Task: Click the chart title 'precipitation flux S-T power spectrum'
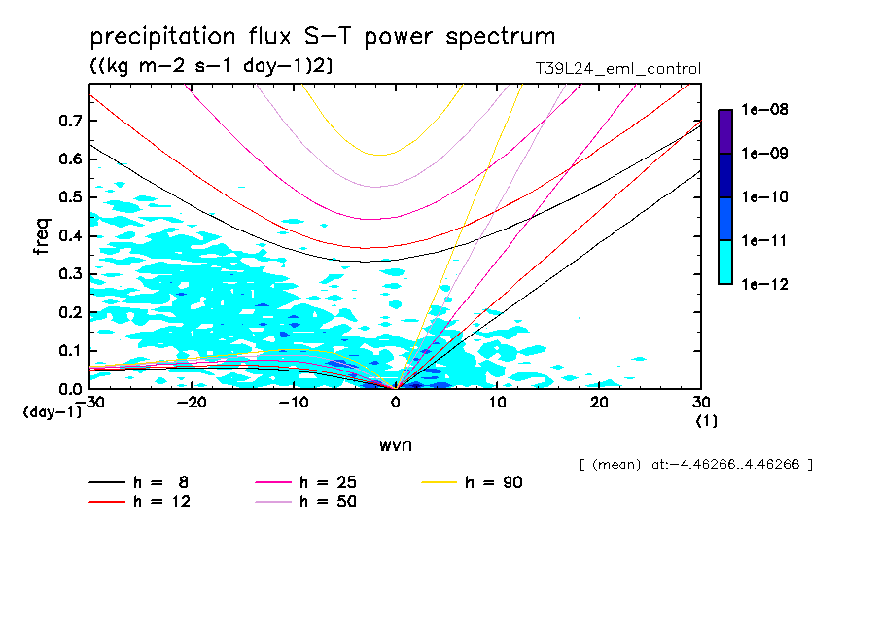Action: pos(323,37)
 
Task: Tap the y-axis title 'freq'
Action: pos(42,235)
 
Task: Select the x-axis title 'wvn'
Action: pos(395,444)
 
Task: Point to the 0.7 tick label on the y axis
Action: pos(71,121)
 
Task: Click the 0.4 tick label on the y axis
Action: pos(71,235)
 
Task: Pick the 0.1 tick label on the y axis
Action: pos(71,350)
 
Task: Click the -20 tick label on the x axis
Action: pos(193,403)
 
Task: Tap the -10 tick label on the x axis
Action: pos(294,403)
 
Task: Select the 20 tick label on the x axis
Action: pos(599,403)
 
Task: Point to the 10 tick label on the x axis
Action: pos(497,403)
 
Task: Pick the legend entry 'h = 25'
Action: pos(331,482)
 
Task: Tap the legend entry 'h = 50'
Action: pos(331,502)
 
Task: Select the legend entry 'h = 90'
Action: pos(496,482)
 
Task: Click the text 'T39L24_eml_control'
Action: pos(612,69)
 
